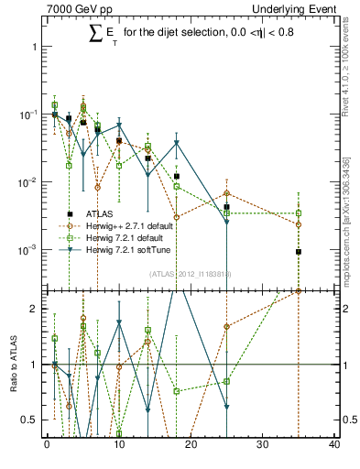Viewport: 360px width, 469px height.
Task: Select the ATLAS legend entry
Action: [110, 213]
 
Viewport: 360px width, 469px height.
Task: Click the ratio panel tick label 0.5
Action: [29, 420]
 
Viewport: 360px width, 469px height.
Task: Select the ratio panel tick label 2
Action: [34, 308]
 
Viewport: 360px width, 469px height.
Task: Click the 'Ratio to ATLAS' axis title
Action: [12, 363]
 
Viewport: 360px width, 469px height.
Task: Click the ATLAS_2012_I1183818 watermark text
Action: [191, 273]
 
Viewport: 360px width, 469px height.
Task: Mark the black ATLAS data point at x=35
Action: [299, 252]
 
